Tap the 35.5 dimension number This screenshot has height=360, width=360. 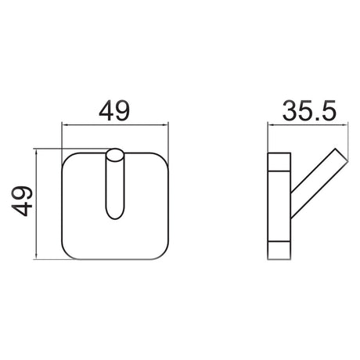click(303, 111)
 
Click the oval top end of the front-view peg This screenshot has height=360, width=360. click(115, 154)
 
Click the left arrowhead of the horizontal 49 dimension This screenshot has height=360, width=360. click(65, 124)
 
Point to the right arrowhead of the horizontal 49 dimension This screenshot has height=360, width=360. click(167, 124)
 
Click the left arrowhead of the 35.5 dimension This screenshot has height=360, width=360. click(270, 124)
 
